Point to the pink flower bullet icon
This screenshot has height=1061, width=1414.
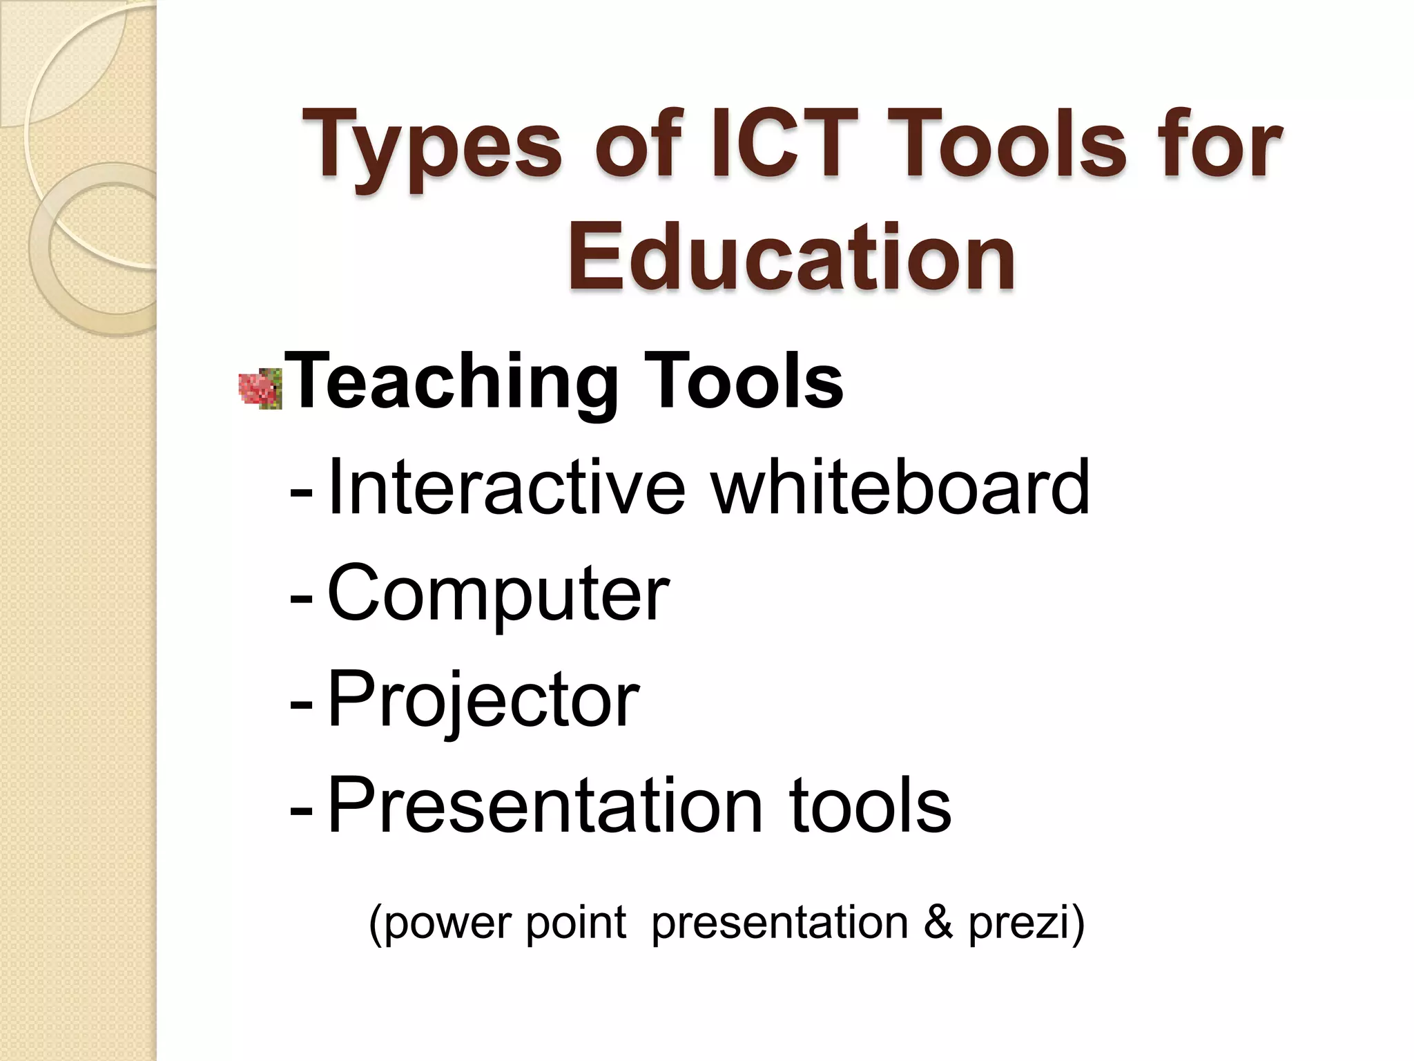[x=260, y=390]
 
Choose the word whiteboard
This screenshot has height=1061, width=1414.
[x=900, y=487]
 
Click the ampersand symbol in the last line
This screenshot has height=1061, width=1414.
[x=938, y=923]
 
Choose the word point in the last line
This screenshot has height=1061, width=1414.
[x=575, y=923]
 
